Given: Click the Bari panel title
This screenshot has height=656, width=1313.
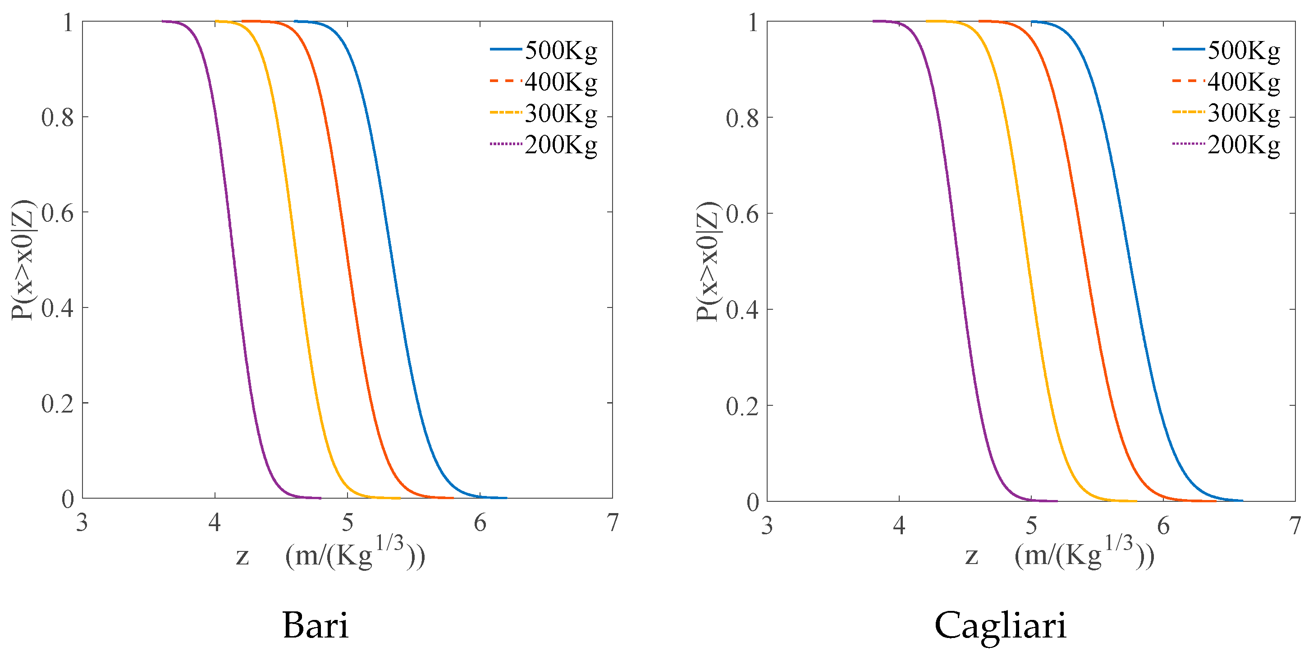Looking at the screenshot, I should tap(315, 625).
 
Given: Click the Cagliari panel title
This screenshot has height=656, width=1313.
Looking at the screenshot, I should tap(1000, 625).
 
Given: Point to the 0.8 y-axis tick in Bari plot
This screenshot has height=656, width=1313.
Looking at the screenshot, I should tap(57, 118).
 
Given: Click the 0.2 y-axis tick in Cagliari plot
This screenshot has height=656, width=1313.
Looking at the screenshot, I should tap(742, 406).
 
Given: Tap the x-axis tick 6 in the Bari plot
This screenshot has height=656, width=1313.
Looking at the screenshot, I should tap(480, 523).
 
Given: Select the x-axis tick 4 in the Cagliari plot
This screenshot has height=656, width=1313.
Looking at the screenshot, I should tap(899, 526).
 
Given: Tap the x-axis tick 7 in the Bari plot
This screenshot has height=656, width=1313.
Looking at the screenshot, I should tap(612, 523).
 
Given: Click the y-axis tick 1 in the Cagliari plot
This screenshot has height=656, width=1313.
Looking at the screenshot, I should tap(752, 23).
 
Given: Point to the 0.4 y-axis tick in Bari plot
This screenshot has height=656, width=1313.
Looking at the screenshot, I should tap(57, 308).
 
